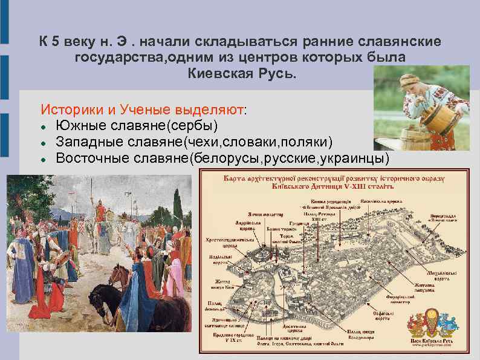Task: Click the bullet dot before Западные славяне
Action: tap(44, 142)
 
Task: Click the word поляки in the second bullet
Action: tap(305, 142)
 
